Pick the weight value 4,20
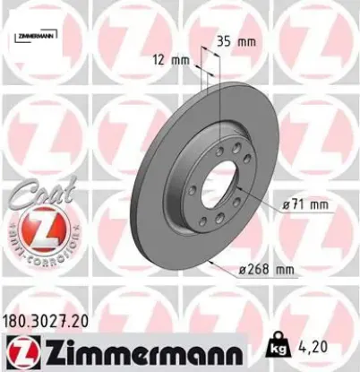click(x=333, y=341)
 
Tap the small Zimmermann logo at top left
click(x=40, y=35)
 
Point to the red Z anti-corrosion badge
click(x=38, y=232)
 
